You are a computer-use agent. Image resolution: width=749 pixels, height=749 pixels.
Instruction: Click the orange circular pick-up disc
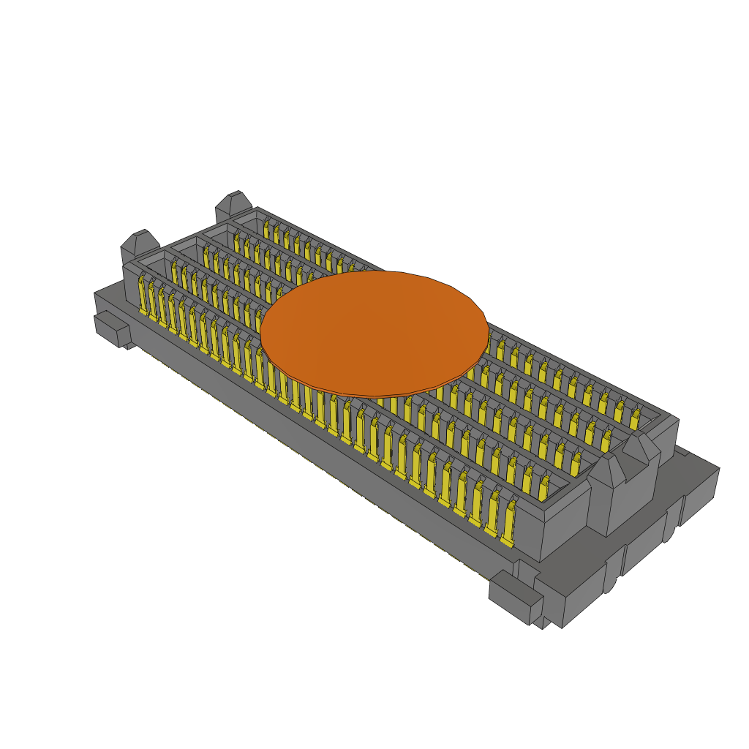(374, 334)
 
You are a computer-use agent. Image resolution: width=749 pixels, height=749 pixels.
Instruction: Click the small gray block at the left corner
(111, 329)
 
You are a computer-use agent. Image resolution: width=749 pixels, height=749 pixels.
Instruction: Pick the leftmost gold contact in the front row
(143, 296)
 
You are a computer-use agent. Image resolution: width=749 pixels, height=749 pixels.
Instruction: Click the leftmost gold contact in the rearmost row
(267, 229)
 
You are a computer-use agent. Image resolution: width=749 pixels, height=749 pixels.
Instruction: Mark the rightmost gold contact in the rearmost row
(634, 418)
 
